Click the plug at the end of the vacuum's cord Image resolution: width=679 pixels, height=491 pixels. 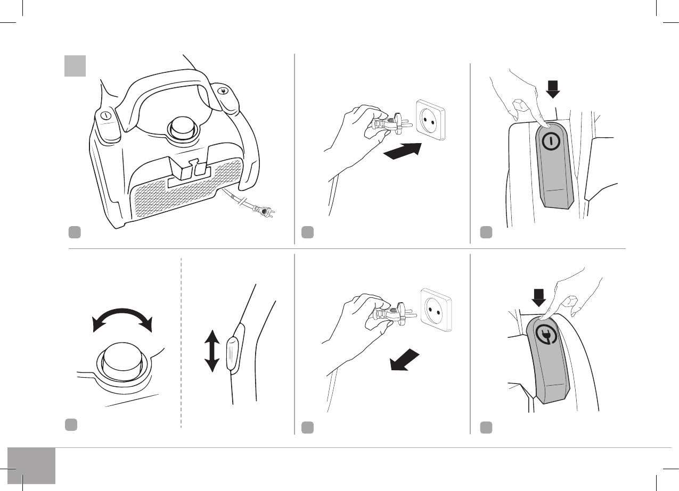[265, 211]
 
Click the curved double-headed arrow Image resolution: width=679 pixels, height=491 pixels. [122, 317]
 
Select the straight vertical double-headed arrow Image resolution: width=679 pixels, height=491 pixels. [212, 351]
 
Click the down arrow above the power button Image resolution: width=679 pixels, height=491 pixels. [553, 88]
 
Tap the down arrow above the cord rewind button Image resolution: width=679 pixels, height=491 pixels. [539, 297]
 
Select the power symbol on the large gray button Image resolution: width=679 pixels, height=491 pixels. [550, 140]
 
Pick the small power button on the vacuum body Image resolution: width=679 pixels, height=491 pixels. [105, 116]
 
